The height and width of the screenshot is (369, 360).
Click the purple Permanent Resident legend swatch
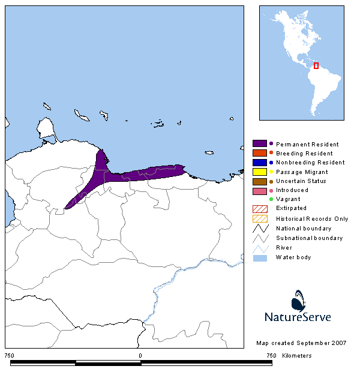click(x=259, y=144)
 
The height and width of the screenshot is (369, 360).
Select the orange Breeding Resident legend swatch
click(x=259, y=153)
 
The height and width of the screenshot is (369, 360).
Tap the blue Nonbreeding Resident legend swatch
click(x=259, y=162)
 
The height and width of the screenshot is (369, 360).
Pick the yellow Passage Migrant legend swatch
click(x=259, y=172)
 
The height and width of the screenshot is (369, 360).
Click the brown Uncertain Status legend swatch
click(x=259, y=181)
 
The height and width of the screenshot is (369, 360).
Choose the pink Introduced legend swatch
click(x=259, y=190)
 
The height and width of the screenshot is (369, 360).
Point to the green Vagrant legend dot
click(x=271, y=199)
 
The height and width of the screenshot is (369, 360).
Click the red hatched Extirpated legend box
click(x=259, y=208)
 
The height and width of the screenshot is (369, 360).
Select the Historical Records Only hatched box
click(x=259, y=218)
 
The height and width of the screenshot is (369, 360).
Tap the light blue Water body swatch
click(x=259, y=257)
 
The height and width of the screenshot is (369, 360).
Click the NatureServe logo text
click(x=298, y=316)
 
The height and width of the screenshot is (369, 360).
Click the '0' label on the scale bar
click(x=140, y=356)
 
